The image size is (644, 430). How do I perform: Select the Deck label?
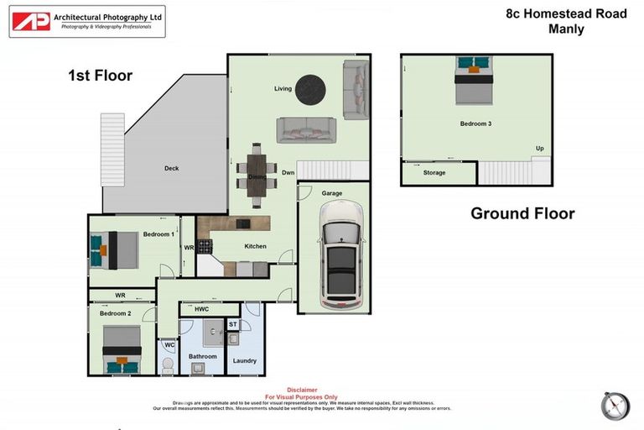point(171,169)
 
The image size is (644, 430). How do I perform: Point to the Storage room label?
point(434,173)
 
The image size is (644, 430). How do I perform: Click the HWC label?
point(201,310)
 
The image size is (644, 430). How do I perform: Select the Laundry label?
point(244,361)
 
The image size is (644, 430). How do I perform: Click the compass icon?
point(615,406)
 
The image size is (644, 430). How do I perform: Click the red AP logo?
point(31,22)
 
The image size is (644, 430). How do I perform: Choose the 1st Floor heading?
point(101,76)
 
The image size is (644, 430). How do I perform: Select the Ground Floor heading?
point(522,213)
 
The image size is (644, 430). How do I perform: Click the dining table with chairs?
point(254,174)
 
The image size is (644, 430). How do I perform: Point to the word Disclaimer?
point(302,390)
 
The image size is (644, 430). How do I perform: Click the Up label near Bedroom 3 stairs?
point(539,149)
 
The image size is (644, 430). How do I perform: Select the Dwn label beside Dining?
point(288,173)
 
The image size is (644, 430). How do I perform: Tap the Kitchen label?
point(255,246)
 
